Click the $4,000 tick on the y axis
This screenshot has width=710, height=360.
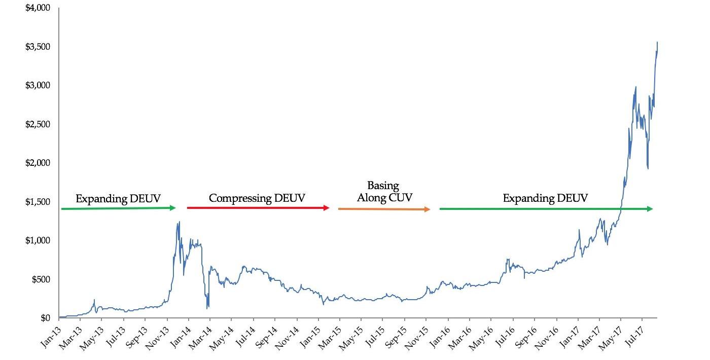(x=38, y=8)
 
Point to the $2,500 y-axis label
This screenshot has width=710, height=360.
(x=38, y=124)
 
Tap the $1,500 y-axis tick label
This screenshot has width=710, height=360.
(x=38, y=202)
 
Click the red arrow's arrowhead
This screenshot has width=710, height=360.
(x=327, y=208)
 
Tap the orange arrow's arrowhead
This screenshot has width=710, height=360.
(x=428, y=209)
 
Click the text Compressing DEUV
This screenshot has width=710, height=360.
(x=257, y=198)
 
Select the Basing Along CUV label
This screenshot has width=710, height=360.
(x=384, y=191)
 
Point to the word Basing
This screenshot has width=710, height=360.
(x=383, y=186)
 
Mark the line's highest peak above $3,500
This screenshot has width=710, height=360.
(x=657, y=42)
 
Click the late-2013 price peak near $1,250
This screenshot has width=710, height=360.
(x=179, y=222)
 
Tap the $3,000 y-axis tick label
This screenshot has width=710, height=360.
(x=38, y=85)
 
